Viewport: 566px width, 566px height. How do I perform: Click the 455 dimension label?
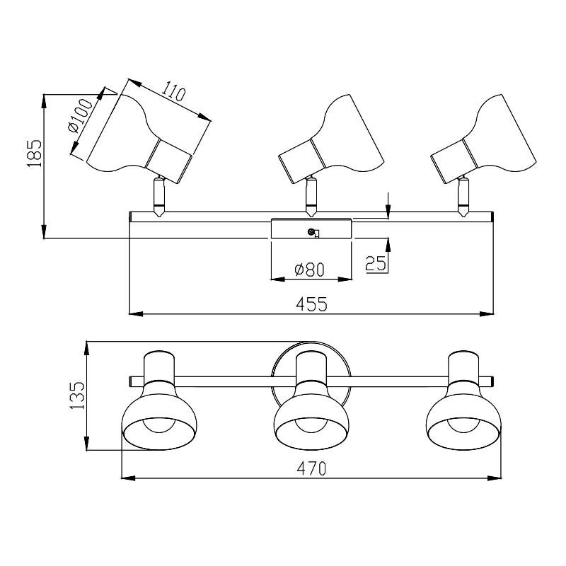pyautogui.click(x=311, y=304)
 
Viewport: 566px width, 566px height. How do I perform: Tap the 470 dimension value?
pyautogui.click(x=311, y=468)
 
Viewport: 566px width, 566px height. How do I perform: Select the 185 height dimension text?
pyautogui.click(x=35, y=153)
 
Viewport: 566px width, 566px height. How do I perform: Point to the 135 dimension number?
pyautogui.click(x=77, y=395)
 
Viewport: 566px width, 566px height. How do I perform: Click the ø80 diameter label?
pyautogui.click(x=310, y=270)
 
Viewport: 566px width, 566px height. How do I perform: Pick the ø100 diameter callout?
pyautogui.click(x=80, y=115)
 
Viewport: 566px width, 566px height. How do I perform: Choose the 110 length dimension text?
pyautogui.click(x=173, y=92)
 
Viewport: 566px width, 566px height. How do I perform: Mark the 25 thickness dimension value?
pyautogui.click(x=376, y=263)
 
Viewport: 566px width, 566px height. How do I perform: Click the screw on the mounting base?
pyautogui.click(x=310, y=232)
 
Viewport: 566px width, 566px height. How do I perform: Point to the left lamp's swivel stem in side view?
pyautogui.click(x=158, y=197)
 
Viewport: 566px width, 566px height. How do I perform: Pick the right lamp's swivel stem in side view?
pyautogui.click(x=463, y=197)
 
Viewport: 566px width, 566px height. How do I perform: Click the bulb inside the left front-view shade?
pyautogui.click(x=160, y=424)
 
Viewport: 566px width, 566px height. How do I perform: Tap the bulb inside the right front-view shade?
pyautogui.click(x=463, y=424)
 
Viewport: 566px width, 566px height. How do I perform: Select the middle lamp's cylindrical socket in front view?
pyautogui.click(x=311, y=367)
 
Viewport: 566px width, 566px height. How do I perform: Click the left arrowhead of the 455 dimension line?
pyautogui.click(x=136, y=313)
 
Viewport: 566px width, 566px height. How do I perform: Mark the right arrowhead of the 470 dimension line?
pyautogui.click(x=495, y=478)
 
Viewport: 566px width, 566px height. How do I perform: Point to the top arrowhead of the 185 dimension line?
pyautogui.click(x=44, y=101)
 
